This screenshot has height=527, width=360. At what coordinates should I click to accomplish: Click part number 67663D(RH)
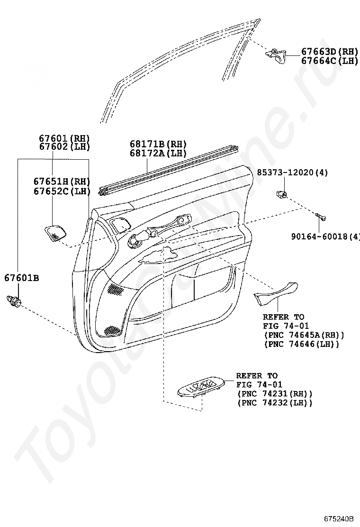point(329,52)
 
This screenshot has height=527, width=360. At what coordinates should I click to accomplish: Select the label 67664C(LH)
point(329,61)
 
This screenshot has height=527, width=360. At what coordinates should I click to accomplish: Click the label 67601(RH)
point(64,138)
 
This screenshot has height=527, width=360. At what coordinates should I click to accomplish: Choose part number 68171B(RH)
point(158,144)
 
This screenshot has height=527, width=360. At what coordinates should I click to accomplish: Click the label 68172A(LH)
point(158,153)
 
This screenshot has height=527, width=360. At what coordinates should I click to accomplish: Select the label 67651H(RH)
point(62,182)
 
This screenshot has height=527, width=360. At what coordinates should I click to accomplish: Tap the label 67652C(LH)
point(62,191)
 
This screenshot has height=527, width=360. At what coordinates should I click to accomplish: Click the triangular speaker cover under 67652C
point(56,232)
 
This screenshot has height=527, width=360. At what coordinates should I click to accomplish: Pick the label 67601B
point(22,278)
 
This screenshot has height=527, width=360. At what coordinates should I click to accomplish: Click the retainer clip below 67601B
point(13,300)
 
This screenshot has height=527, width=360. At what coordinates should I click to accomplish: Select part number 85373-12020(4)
point(292,172)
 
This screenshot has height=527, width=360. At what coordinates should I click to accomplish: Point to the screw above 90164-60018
point(321,217)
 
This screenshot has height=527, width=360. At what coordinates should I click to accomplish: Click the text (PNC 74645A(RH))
point(303,335)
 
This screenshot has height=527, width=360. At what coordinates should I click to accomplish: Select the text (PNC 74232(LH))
point(275,403)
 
